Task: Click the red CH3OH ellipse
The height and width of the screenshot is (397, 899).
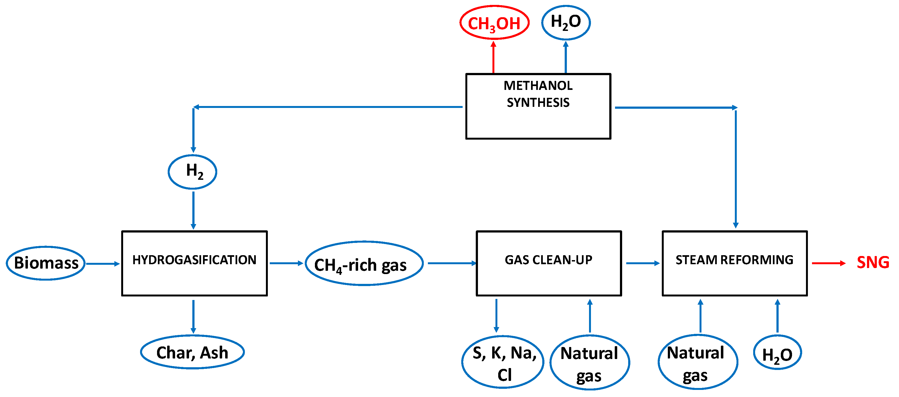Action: pos(494,23)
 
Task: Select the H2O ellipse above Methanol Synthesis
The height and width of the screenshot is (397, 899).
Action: pos(566,22)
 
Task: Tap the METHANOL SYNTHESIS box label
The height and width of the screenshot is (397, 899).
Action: pos(538,94)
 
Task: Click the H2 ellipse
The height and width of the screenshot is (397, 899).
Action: pos(193,172)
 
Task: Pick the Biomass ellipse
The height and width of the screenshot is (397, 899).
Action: pos(46,263)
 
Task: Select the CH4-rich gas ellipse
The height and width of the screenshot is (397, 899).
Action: pos(364,263)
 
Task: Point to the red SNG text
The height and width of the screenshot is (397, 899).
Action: pos(872,263)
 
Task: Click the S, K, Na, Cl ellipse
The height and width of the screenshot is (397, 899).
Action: pos(503,363)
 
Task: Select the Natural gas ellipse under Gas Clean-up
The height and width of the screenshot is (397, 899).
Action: pos(590,363)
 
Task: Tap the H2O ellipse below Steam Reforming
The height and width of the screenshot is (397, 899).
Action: pos(777,353)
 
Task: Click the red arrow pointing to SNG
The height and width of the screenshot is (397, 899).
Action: pos(828,263)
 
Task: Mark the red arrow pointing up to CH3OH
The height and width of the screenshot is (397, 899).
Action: pos(493,57)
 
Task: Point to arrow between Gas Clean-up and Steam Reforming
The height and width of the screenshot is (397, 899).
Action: pos(642,263)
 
